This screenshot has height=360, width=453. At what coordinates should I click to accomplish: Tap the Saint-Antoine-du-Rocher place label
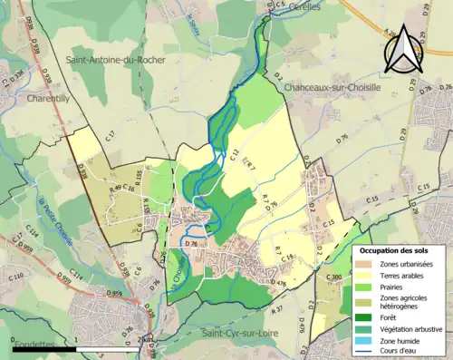116,60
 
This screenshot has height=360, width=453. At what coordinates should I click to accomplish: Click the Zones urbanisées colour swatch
364,263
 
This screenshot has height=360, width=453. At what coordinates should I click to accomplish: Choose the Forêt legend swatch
364,316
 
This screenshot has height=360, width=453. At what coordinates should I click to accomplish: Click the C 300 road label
333,277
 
